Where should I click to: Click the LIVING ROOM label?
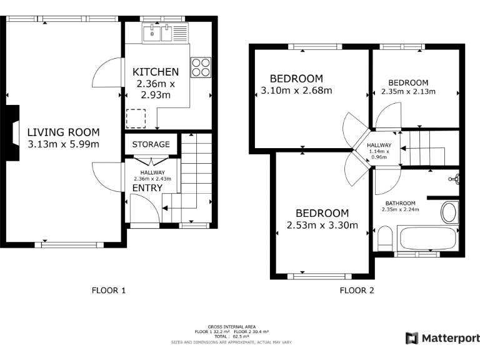point(63,132)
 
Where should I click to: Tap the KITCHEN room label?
point(156,72)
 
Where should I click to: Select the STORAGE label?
point(151,144)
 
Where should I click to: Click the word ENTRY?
point(147,187)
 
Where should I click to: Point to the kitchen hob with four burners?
point(201,67)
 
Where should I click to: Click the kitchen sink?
point(157,32)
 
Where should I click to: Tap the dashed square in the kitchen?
point(136,119)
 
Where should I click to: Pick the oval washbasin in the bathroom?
point(449,212)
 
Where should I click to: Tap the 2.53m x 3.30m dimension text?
point(322,225)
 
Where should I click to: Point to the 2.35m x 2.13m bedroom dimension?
point(408,91)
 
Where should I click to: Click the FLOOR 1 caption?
point(109,290)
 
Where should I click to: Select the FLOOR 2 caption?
point(357,290)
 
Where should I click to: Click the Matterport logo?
point(442,338)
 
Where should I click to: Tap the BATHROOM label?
point(400,203)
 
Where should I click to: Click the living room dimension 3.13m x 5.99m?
point(63,144)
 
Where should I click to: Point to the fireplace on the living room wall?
point(13,128)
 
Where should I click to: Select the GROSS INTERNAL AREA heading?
point(231,327)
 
